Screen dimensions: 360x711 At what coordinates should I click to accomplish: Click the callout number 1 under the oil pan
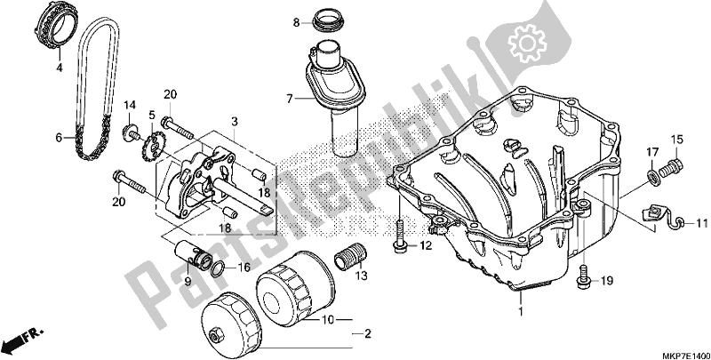[x=520, y=314]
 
